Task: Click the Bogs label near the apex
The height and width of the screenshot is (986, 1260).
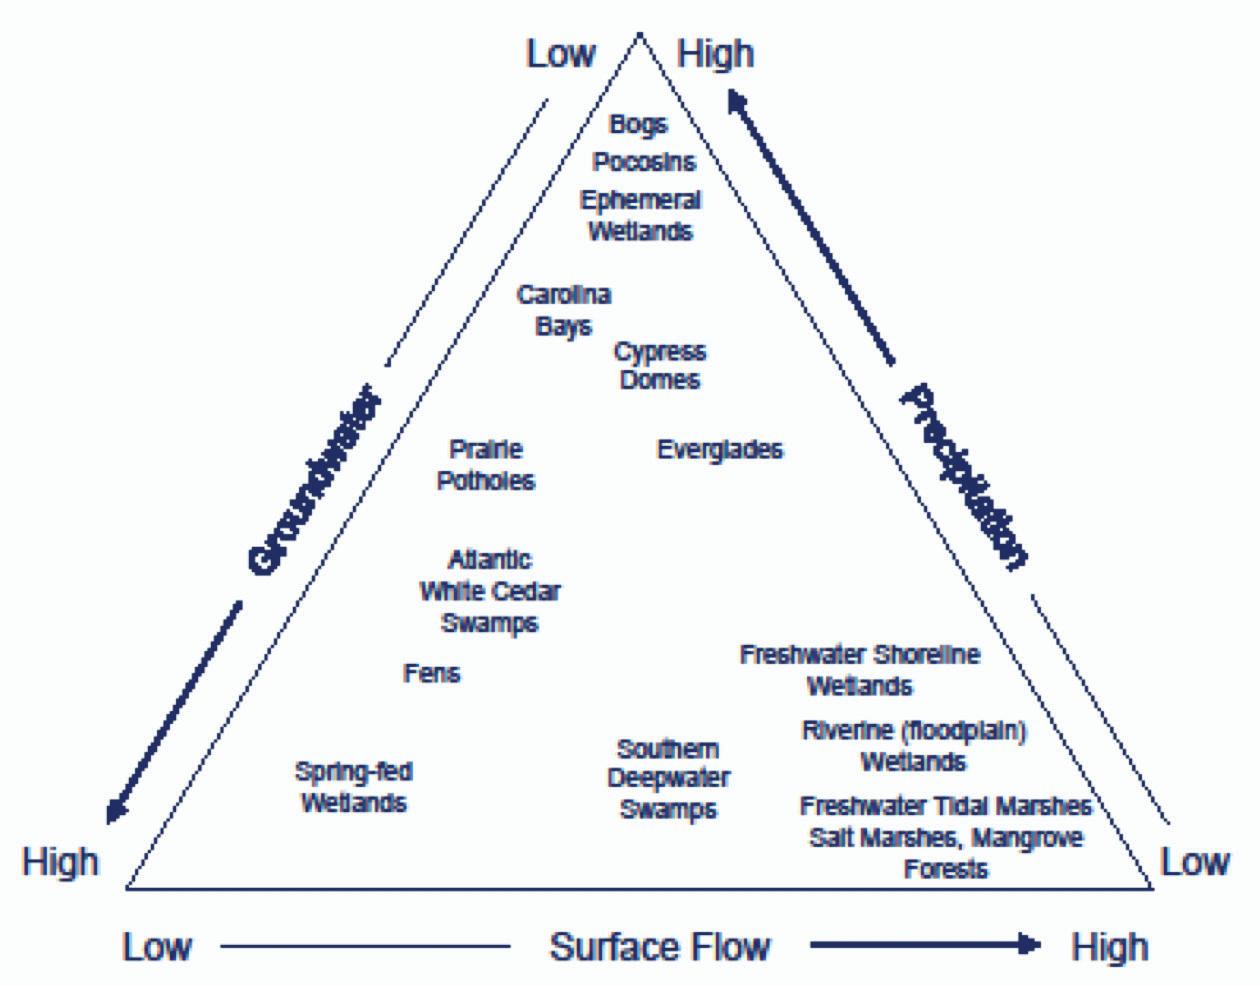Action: pyautogui.click(x=638, y=125)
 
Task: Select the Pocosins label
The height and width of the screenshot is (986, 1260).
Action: pyautogui.click(x=644, y=161)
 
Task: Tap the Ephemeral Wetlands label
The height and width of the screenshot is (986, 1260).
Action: pyautogui.click(x=640, y=215)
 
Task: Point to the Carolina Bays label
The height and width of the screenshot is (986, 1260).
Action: pyautogui.click(x=563, y=310)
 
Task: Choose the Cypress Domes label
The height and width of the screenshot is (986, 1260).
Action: pyautogui.click(x=660, y=366)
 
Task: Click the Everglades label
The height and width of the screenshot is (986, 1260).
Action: pyautogui.click(x=720, y=450)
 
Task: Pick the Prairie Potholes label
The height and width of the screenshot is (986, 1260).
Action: pyautogui.click(x=486, y=465)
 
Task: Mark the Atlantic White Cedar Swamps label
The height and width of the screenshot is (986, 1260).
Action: pyautogui.click(x=489, y=591)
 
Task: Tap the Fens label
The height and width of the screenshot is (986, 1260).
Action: pyautogui.click(x=432, y=673)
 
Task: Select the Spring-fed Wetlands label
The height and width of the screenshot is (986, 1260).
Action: pyautogui.click(x=354, y=787)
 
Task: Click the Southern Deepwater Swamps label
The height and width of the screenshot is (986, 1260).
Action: pyautogui.click(x=668, y=779)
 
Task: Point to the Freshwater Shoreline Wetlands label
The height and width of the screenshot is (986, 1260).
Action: pyautogui.click(x=860, y=670)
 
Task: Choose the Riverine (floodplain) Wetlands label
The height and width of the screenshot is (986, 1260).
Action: pyautogui.click(x=914, y=746)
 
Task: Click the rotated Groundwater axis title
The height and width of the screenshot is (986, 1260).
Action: pyautogui.click(x=314, y=481)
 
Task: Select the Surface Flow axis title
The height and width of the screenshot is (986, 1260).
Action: pyautogui.click(x=660, y=946)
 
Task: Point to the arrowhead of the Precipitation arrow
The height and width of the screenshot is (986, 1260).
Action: pyautogui.click(x=738, y=100)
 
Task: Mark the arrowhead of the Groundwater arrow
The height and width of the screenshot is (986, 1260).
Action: pyautogui.click(x=117, y=808)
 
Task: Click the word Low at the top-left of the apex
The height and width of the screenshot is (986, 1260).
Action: pyautogui.click(x=560, y=54)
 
